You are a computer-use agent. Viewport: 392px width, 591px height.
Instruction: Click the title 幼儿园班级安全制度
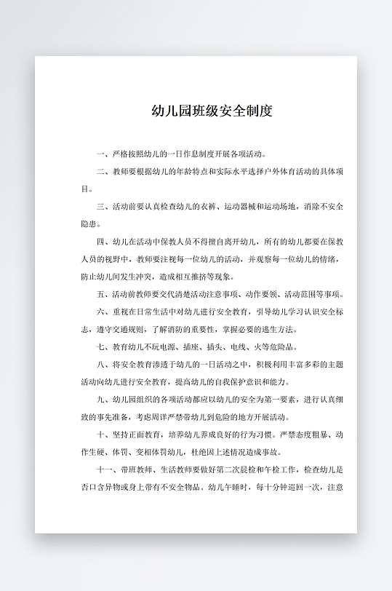point(212,111)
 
